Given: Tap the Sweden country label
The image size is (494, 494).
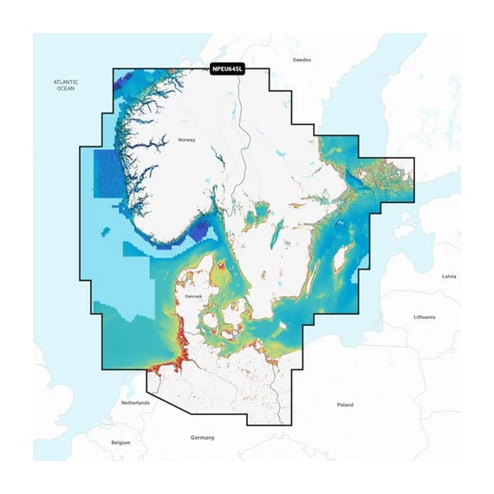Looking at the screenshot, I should pyautogui.click(x=302, y=60).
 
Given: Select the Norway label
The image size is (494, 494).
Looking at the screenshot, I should pyautogui.click(x=187, y=140).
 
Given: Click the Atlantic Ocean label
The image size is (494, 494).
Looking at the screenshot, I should pyautogui.click(x=66, y=85).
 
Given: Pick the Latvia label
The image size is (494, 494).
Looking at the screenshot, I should pyautogui.click(x=448, y=276).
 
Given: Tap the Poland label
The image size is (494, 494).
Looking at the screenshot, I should pyautogui.click(x=345, y=405).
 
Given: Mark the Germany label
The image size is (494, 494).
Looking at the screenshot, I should pyautogui.click(x=202, y=438).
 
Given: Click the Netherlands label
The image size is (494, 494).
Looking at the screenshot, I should pyautogui.click(x=135, y=403).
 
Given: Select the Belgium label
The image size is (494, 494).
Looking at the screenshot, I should pyautogui.click(x=121, y=442).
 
